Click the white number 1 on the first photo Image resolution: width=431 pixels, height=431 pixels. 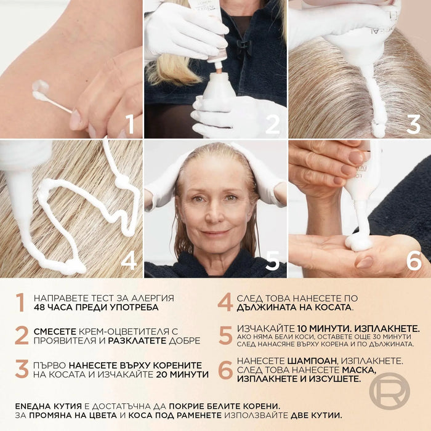pos(131,124)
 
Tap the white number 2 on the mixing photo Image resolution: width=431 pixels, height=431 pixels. pos(272,124)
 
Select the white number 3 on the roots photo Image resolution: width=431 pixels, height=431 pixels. pos(413,124)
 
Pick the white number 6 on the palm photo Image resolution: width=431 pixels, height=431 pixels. pos(414,260)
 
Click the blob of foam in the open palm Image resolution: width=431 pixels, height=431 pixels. pos(358,243)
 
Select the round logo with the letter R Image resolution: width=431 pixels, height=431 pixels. pos(389,390)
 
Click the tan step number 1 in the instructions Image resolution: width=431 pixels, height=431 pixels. pos(20,302)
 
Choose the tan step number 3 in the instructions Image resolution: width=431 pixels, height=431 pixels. pos(22,369)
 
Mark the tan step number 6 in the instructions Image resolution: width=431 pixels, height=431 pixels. pos(225,369)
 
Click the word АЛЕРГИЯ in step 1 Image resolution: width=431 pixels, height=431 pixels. pos(153,298)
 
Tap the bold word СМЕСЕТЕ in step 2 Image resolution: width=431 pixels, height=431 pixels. pos(55,331)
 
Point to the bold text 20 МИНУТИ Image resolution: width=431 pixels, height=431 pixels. pos(182,374)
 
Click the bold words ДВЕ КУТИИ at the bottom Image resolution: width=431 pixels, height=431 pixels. pos(316,415)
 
